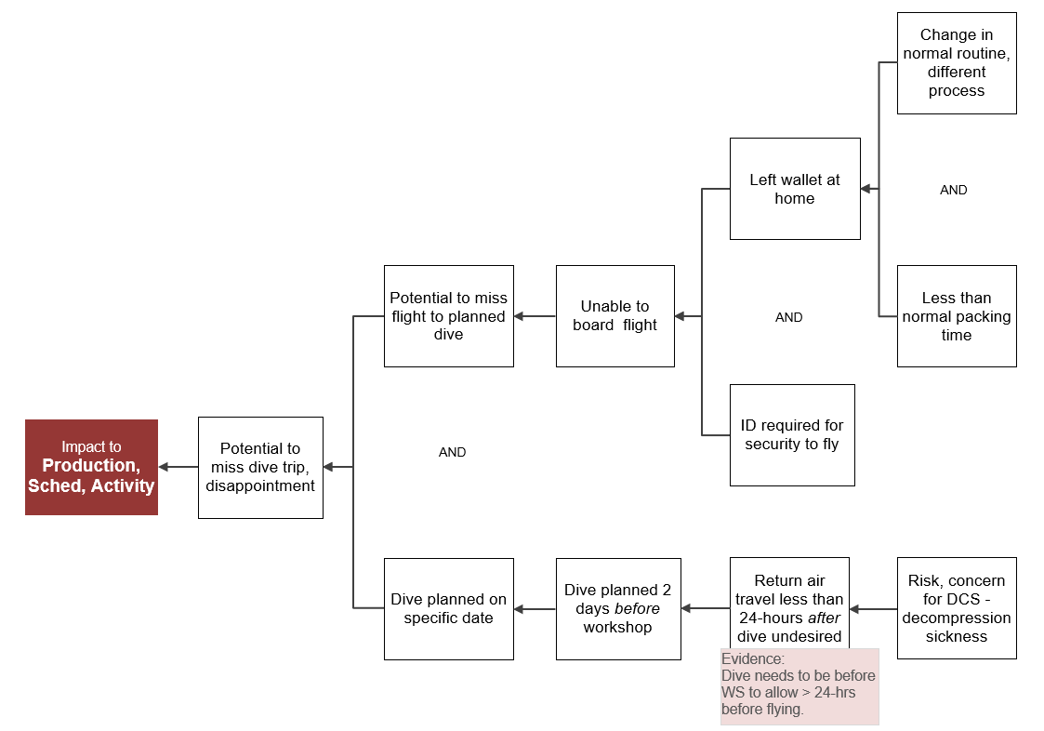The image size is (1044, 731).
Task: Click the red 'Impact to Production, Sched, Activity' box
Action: pyautogui.click(x=91, y=467)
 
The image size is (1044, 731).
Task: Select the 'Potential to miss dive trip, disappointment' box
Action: pyautogui.click(x=260, y=467)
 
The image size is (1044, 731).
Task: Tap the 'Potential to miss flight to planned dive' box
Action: pyautogui.click(x=448, y=316)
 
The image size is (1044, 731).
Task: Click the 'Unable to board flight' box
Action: pyautogui.click(x=615, y=316)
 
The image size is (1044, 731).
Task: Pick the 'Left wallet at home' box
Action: pyautogui.click(x=794, y=189)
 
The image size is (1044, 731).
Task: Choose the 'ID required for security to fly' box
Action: pyautogui.click(x=791, y=434)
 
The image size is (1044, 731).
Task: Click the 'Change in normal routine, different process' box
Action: pyautogui.click(x=956, y=63)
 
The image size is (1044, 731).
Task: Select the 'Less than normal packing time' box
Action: pyautogui.click(x=956, y=316)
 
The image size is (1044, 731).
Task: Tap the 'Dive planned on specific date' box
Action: pyautogui.click(x=448, y=609)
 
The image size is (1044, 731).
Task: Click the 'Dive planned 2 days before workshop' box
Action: pyautogui.click(x=617, y=609)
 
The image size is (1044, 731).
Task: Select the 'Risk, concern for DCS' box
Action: pyautogui.click(x=956, y=609)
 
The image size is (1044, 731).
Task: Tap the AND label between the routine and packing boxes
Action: pyautogui.click(x=953, y=190)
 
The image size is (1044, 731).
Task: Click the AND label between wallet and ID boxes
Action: pyautogui.click(x=788, y=317)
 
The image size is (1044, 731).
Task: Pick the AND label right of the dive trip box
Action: pyautogui.click(x=452, y=452)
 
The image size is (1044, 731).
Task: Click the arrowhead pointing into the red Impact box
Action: pyautogui.click(x=164, y=467)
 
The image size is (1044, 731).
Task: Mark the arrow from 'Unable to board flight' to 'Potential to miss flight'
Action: pyautogui.click(x=535, y=316)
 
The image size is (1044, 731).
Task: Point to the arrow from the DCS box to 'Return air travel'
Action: pyautogui.click(x=873, y=609)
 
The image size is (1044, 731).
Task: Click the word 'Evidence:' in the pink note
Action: pyautogui.click(x=752, y=658)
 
